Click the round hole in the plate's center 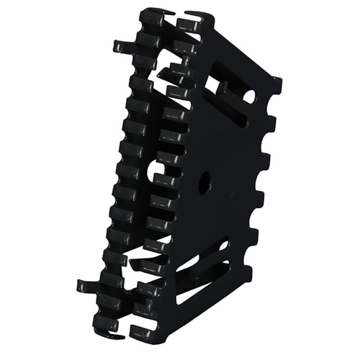[204, 181]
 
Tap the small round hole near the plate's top [248, 95]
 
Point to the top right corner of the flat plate [279, 78]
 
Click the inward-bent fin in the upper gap [173, 72]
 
